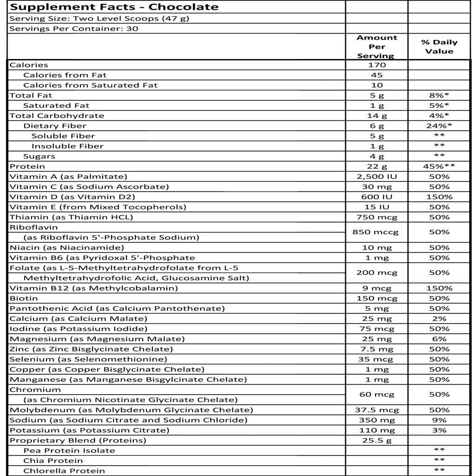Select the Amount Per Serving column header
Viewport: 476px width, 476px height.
pyautogui.click(x=377, y=46)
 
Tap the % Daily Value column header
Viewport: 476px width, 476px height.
pyautogui.click(x=439, y=46)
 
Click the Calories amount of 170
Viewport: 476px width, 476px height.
pyautogui.click(x=377, y=65)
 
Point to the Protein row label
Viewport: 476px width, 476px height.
pyautogui.click(x=27, y=166)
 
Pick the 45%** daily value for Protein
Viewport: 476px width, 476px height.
pyautogui.click(x=439, y=166)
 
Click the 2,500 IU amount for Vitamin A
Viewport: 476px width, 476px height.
pyautogui.click(x=377, y=177)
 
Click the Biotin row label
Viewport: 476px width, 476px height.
pyautogui.click(x=24, y=298)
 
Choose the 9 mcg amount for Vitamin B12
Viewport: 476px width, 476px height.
pyautogui.click(x=377, y=288)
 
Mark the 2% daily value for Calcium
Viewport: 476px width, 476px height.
pyautogui.click(x=439, y=318)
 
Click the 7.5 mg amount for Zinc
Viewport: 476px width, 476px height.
pyautogui.click(x=377, y=349)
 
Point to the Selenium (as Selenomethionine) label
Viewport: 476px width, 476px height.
pyautogui.click(x=88, y=359)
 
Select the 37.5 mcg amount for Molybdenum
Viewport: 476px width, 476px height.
pyautogui.click(x=377, y=410)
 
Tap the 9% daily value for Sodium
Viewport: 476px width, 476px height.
pyautogui.click(x=439, y=420)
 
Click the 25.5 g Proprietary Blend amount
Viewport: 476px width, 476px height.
pyautogui.click(x=377, y=440)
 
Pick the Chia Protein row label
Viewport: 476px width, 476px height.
pyautogui.click(x=53, y=461)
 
